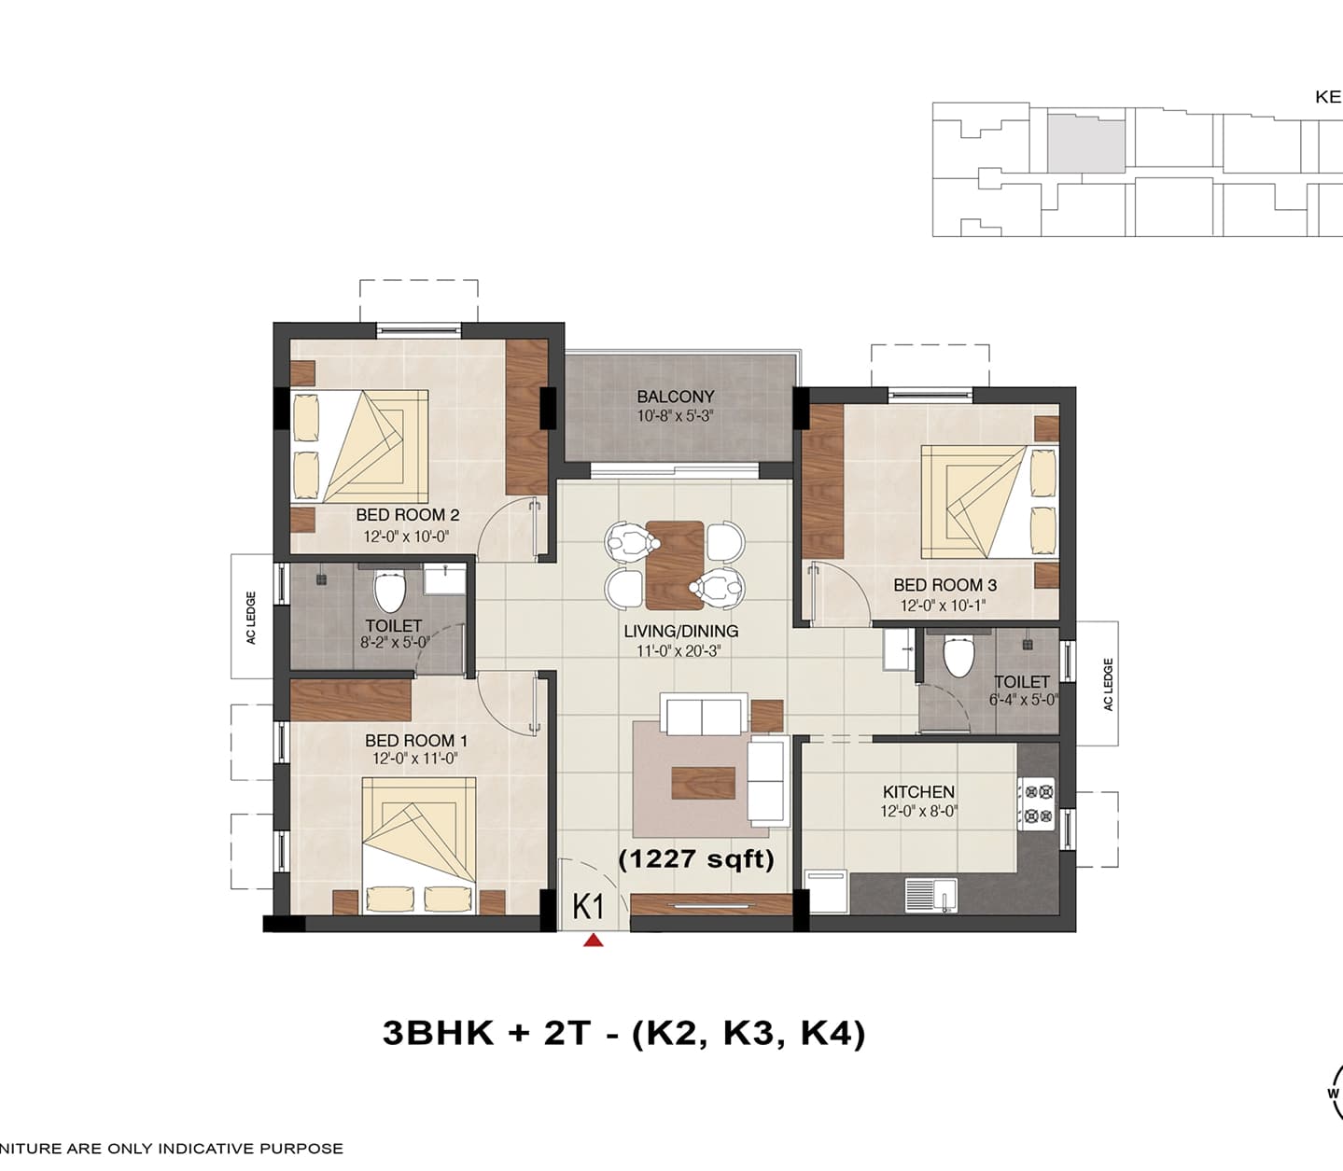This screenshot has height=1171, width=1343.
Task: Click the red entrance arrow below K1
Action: pos(594,941)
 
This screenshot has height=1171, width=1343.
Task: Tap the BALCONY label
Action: pos(675,397)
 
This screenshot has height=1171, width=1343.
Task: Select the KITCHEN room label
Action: pos(918,792)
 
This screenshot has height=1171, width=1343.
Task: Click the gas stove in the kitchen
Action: pos(1037,803)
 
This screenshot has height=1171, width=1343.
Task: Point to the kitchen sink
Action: pos(930,895)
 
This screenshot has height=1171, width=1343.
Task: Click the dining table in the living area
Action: pos(675,565)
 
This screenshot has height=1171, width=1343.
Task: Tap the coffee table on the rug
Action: pos(703,783)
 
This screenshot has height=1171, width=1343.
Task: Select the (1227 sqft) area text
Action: pos(696,858)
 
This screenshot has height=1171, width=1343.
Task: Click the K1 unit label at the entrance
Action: pos(588,907)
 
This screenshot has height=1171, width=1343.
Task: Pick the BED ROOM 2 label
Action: pos(408,515)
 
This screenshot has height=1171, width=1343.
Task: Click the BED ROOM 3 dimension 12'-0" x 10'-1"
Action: pos(943,605)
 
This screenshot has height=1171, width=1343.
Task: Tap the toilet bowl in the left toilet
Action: pos(388,590)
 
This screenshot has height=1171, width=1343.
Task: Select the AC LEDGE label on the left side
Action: pos(251,618)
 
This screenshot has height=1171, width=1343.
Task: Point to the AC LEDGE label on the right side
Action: pos(1109,684)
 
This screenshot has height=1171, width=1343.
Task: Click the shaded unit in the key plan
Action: pos(1085,145)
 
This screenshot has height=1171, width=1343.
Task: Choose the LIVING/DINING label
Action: pos(680,631)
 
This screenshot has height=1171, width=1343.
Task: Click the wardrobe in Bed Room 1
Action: pos(351,700)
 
